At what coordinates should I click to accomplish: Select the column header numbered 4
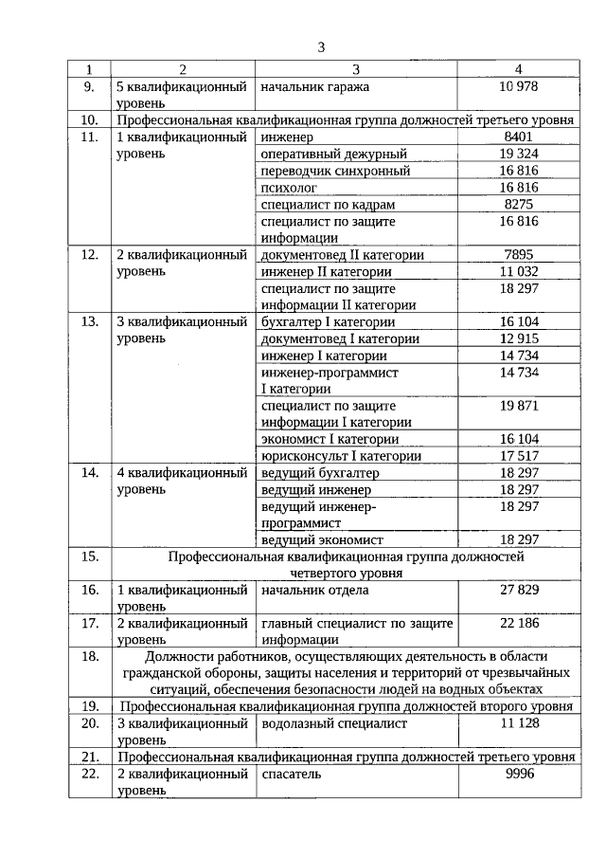(518, 69)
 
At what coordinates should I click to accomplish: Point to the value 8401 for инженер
(518, 137)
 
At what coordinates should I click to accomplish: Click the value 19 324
(518, 154)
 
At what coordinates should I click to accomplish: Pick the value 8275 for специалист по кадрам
(518, 205)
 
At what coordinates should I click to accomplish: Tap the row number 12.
(90, 254)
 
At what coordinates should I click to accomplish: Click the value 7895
(518, 254)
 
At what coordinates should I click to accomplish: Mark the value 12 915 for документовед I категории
(518, 339)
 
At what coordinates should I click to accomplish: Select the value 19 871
(518, 406)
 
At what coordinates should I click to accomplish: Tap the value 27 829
(518, 590)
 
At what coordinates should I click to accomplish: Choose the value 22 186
(518, 623)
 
